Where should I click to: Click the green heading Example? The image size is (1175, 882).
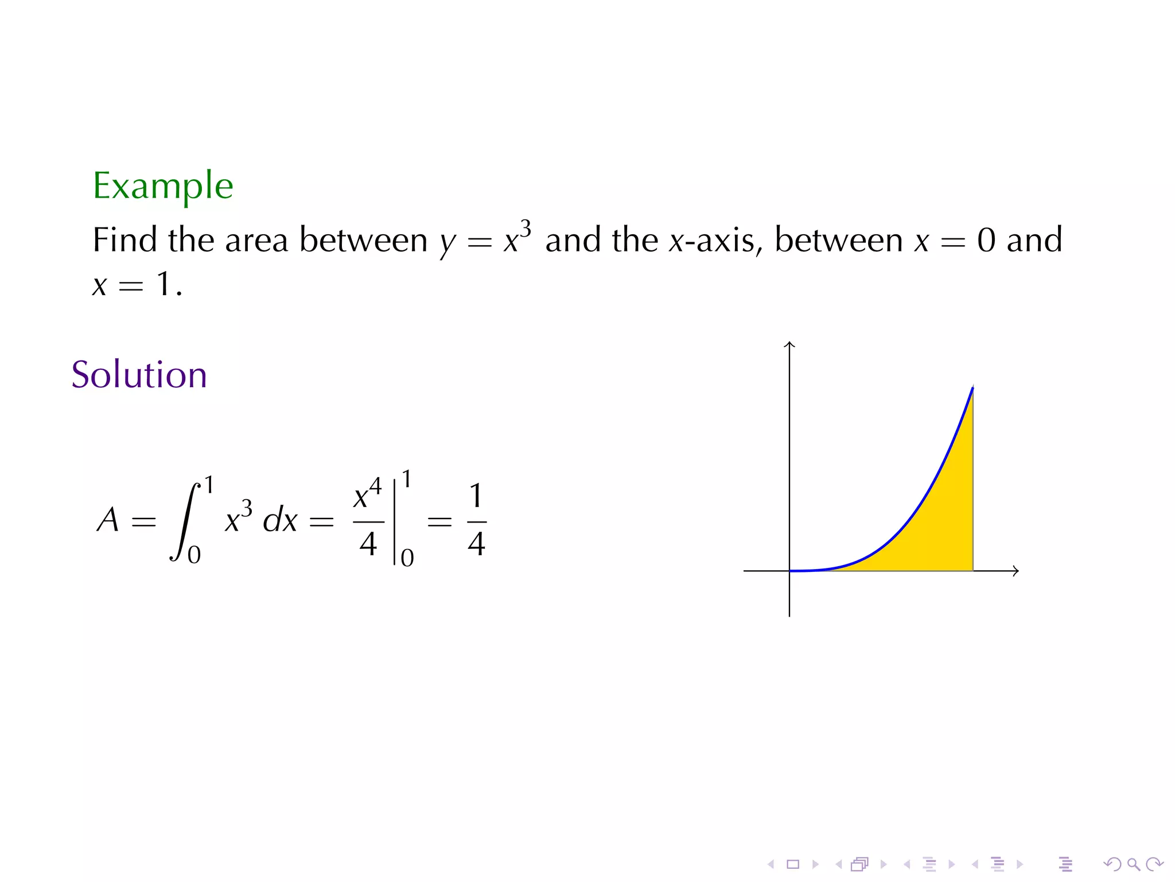coord(163,186)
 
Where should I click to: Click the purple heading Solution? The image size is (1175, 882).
coord(139,375)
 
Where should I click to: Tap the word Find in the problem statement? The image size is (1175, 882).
coord(124,240)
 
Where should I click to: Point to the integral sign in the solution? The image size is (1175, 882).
coord(185,521)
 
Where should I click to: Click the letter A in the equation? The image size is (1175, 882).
coord(108,520)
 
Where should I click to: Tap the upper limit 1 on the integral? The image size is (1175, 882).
coord(209,485)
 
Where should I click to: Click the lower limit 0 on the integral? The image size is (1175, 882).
coord(194,555)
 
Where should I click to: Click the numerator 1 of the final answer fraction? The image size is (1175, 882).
coord(476,496)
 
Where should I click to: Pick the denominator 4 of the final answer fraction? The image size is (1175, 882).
coord(476,543)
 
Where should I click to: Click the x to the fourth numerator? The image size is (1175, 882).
coord(367,495)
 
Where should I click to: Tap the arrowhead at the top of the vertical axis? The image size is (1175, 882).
coord(789,345)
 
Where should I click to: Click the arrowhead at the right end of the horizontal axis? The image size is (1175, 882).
coord(1016,571)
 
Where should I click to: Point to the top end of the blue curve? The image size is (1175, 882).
coord(972,389)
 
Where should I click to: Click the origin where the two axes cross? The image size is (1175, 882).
coord(789,571)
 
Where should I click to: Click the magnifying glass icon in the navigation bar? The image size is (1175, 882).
coord(1133,864)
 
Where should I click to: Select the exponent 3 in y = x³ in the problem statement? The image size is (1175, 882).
coord(526,229)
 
